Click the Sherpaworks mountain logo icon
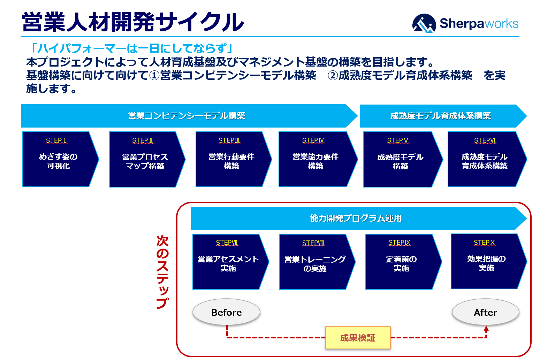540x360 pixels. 424,23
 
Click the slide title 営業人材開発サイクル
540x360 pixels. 133,22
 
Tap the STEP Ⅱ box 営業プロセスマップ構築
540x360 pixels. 145,159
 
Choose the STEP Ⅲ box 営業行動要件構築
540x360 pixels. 231,159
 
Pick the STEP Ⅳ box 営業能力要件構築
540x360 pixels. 315,159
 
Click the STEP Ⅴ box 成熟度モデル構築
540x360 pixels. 400,159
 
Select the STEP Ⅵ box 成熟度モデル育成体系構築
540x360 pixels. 485,159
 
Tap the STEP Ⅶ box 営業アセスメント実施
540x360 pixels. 228,262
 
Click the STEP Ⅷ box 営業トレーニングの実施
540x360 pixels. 315,262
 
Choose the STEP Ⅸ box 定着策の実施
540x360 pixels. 401,262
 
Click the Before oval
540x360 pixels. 226,312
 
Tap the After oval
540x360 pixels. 485,312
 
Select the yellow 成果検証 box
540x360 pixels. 358,338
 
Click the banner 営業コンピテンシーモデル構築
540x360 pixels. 187,116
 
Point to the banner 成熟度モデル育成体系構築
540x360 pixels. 440,116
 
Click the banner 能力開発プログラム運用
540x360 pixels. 356,218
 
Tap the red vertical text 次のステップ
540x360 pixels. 162,272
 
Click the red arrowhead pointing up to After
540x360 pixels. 486,329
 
